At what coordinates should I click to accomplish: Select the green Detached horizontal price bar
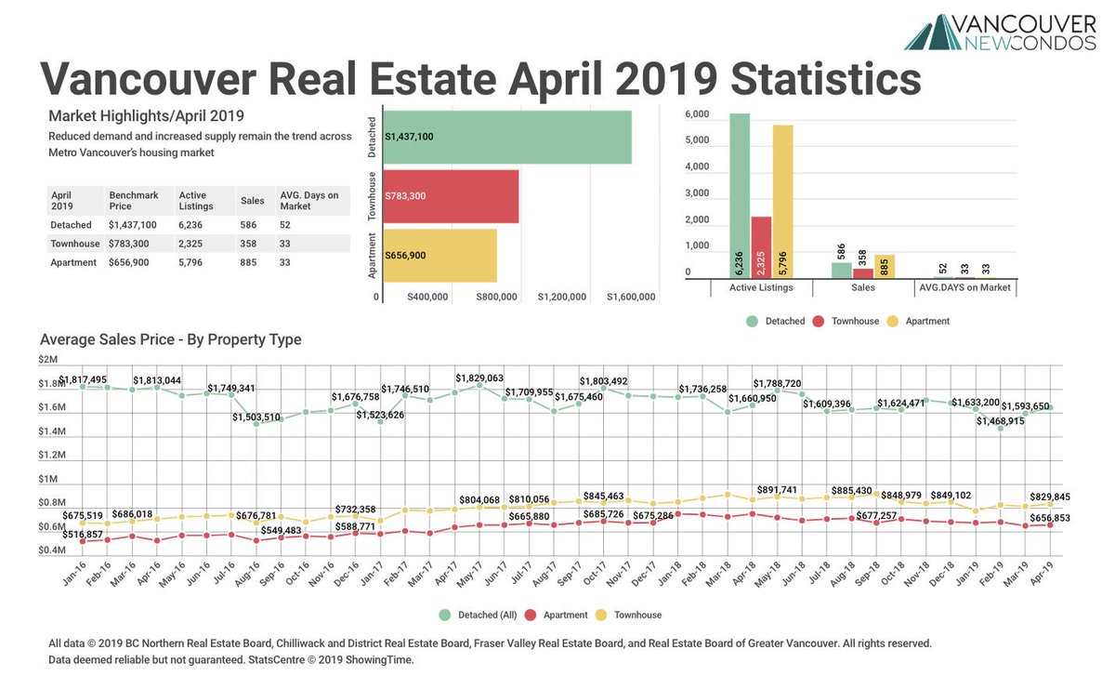(x=507, y=138)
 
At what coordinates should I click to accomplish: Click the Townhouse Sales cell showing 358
(x=250, y=244)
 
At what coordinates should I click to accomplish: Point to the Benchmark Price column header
(x=133, y=201)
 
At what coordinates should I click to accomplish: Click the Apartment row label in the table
(x=73, y=263)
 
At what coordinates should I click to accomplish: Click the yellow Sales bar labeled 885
(x=884, y=267)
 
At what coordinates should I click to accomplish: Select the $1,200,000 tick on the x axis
(x=561, y=298)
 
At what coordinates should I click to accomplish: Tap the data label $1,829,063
(x=479, y=378)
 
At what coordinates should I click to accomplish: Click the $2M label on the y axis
(x=47, y=359)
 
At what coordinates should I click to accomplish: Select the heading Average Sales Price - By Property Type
(x=170, y=339)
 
